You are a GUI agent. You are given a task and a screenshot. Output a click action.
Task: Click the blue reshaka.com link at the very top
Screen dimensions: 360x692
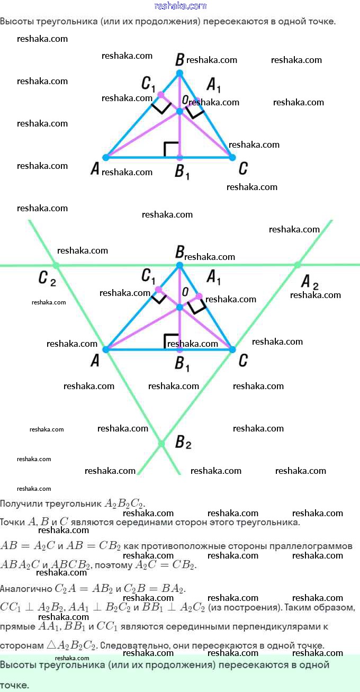(x=180, y=6)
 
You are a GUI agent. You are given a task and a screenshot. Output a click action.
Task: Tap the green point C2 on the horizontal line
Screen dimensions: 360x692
(x=56, y=265)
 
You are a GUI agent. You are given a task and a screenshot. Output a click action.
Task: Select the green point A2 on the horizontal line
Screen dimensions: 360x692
(x=298, y=265)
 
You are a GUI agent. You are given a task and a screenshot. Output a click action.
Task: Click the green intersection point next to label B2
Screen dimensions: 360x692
(x=161, y=444)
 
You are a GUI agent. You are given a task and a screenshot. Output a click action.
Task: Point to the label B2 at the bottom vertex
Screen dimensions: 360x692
(x=183, y=442)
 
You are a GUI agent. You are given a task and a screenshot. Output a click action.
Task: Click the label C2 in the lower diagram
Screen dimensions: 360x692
(x=47, y=278)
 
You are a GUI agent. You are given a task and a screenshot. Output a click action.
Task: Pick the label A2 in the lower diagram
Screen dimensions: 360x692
(x=310, y=282)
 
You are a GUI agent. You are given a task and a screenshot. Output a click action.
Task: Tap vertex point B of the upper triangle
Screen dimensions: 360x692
(x=179, y=73)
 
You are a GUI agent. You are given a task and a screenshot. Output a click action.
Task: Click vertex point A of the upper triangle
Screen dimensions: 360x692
(x=106, y=158)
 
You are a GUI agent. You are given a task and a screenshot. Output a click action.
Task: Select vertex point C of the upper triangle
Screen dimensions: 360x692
(x=232, y=158)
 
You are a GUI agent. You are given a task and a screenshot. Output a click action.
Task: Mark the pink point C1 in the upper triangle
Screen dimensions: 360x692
(x=161, y=95)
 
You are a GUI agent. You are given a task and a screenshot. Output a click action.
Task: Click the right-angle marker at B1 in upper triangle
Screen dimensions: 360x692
(x=171, y=149)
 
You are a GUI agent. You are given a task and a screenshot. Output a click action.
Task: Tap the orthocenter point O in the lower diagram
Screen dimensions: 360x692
(x=179, y=307)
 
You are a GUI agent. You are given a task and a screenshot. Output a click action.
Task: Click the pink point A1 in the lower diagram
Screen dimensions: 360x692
(x=199, y=296)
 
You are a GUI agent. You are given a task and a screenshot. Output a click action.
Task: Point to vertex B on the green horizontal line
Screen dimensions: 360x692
(x=179, y=265)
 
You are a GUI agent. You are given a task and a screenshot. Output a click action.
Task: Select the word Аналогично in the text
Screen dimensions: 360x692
(x=26, y=589)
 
